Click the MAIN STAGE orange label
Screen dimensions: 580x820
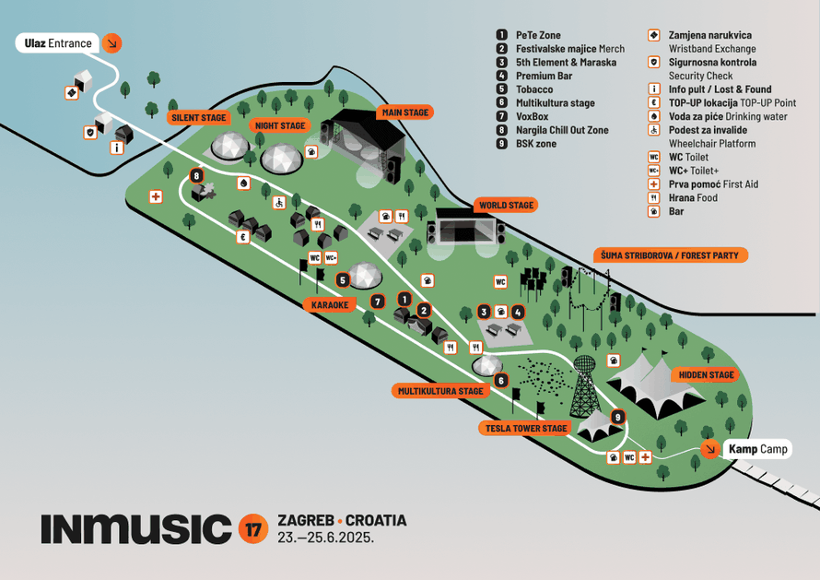click(x=404, y=112)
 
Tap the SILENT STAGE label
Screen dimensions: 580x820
click(x=198, y=118)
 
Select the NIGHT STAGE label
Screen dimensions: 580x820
click(x=279, y=124)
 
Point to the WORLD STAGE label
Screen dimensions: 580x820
click(x=506, y=205)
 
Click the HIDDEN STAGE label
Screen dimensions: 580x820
click(x=707, y=375)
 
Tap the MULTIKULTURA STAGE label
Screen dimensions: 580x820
click(x=440, y=391)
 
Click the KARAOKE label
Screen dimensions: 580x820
click(x=329, y=304)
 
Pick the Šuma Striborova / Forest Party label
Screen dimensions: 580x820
click(x=669, y=255)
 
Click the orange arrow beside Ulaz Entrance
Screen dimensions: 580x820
click(x=111, y=42)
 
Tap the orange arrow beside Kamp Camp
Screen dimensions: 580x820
click(x=709, y=449)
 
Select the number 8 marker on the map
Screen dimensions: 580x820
click(x=195, y=175)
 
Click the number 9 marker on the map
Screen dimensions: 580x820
click(x=617, y=417)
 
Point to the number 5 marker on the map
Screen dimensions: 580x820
click(x=343, y=279)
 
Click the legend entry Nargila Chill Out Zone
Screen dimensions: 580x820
click(x=562, y=130)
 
